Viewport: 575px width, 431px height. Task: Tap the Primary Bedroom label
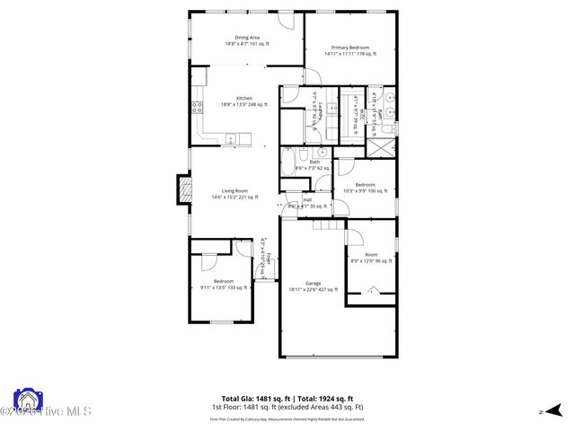pyautogui.click(x=350, y=50)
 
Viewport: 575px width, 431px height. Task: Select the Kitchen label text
pyautogui.click(x=244, y=101)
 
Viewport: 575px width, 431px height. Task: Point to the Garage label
pyautogui.click(x=313, y=286)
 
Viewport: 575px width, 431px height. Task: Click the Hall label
pyautogui.click(x=308, y=203)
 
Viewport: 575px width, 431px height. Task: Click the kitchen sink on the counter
pyautogui.click(x=231, y=139)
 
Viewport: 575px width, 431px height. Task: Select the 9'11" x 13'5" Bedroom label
pyautogui.click(x=223, y=285)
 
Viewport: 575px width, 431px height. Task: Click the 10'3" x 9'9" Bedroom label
pyautogui.click(x=365, y=188)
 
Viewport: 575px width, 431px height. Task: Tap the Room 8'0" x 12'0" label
pyautogui.click(x=371, y=258)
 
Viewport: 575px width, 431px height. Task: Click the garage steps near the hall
pyautogui.click(x=328, y=224)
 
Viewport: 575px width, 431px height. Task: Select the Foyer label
pyautogui.click(x=265, y=257)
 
